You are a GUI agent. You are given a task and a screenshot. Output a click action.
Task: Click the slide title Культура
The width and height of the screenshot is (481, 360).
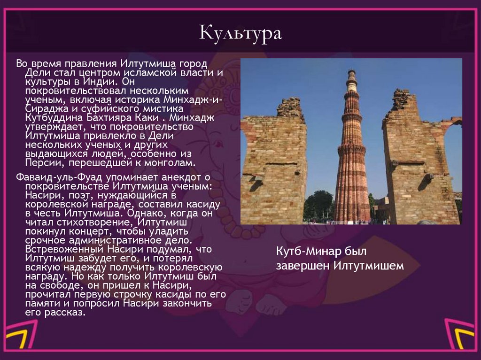(x=240, y=34)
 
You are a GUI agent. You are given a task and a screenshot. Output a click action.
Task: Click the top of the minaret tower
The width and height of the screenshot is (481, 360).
(x=351, y=74)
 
